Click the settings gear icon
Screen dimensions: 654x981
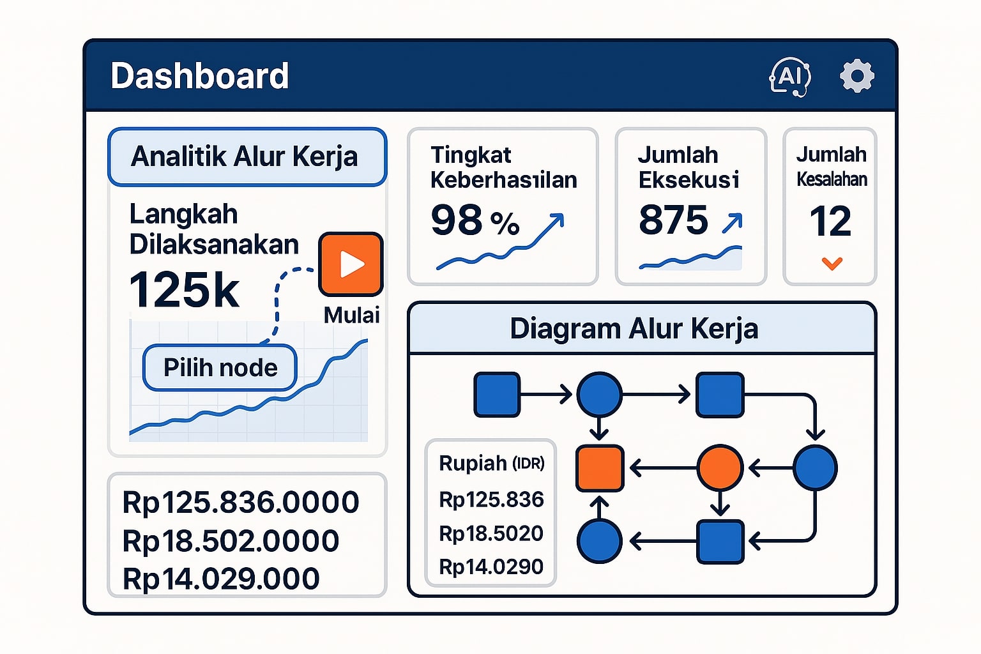coord(856,77)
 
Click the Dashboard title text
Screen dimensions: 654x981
coord(199,76)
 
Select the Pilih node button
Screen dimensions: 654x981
coord(220,368)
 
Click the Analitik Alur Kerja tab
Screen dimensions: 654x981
coord(247,157)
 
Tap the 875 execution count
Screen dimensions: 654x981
coord(673,220)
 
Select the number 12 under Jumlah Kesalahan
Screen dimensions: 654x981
coord(830,222)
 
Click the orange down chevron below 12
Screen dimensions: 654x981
coord(832,263)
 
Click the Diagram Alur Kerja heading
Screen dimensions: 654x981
coord(634,329)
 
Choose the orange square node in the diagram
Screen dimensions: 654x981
coord(600,468)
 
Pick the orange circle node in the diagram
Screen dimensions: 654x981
coord(720,468)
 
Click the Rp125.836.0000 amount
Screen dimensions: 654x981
coord(241,502)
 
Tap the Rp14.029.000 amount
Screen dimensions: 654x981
coord(221,579)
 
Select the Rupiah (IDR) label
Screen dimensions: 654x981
coord(491,463)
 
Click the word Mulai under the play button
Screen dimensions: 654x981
coord(351,315)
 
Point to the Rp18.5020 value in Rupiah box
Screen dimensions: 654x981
coord(490,533)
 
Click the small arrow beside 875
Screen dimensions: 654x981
coord(732,222)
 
